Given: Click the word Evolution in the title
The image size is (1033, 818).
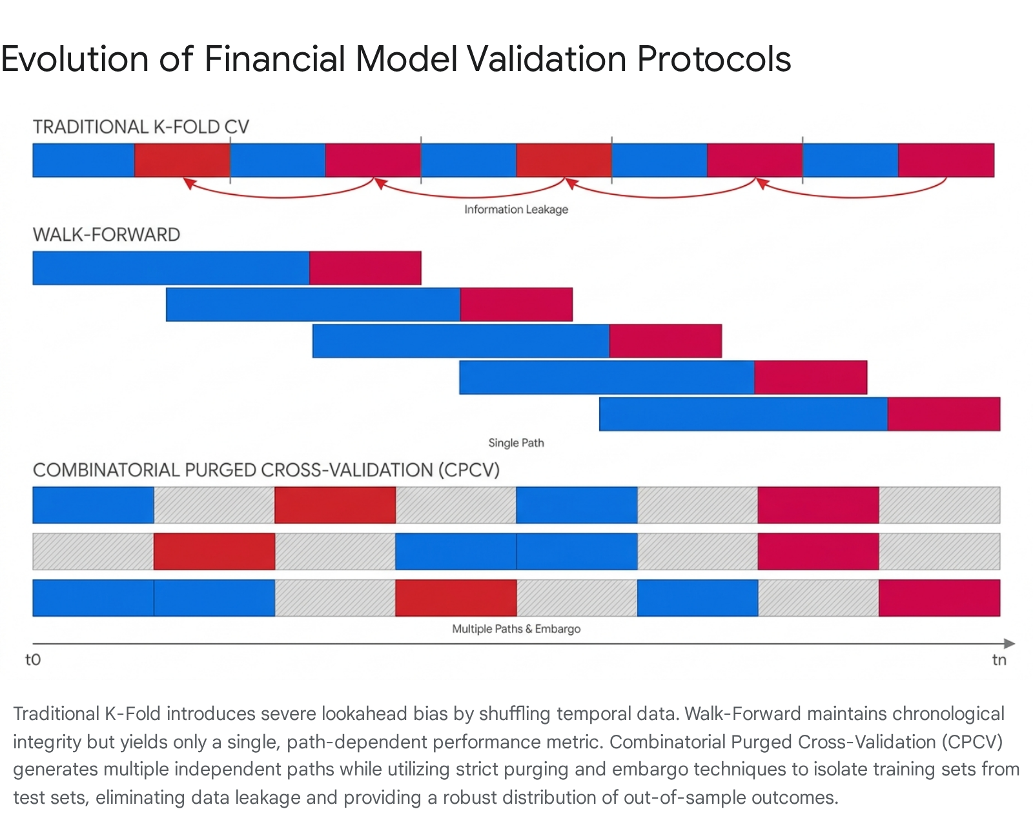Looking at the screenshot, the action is (74, 59).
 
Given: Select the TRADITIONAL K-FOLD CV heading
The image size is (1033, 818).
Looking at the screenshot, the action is (141, 127).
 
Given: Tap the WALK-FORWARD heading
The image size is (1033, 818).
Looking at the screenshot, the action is (106, 235).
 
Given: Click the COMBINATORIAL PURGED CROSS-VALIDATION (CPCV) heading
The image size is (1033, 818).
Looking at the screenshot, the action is (266, 470).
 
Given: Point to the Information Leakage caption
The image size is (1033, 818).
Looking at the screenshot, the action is (516, 210).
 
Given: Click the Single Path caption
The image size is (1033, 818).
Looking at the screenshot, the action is (516, 443).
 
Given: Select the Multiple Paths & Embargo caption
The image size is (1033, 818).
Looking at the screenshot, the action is (516, 629).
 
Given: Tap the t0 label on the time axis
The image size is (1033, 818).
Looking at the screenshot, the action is (33, 660).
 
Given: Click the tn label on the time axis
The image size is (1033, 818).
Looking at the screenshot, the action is (999, 660).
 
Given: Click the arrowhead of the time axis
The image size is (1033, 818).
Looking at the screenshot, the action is (1010, 644).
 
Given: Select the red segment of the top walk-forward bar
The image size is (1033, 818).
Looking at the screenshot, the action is (365, 268).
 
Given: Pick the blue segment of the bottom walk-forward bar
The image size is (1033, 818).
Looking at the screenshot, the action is (743, 414).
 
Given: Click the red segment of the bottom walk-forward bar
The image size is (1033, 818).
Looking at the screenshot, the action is (944, 414).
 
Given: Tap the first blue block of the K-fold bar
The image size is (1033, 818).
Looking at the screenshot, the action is (83, 160).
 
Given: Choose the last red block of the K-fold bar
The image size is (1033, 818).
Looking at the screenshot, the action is (946, 160).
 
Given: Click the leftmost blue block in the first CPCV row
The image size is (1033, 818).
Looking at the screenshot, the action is (93, 505).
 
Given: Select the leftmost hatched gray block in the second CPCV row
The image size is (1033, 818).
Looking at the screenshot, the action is (93, 552).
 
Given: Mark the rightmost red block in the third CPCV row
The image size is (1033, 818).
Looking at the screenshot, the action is (939, 598).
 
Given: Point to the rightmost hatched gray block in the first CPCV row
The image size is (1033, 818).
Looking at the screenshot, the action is (939, 505).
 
